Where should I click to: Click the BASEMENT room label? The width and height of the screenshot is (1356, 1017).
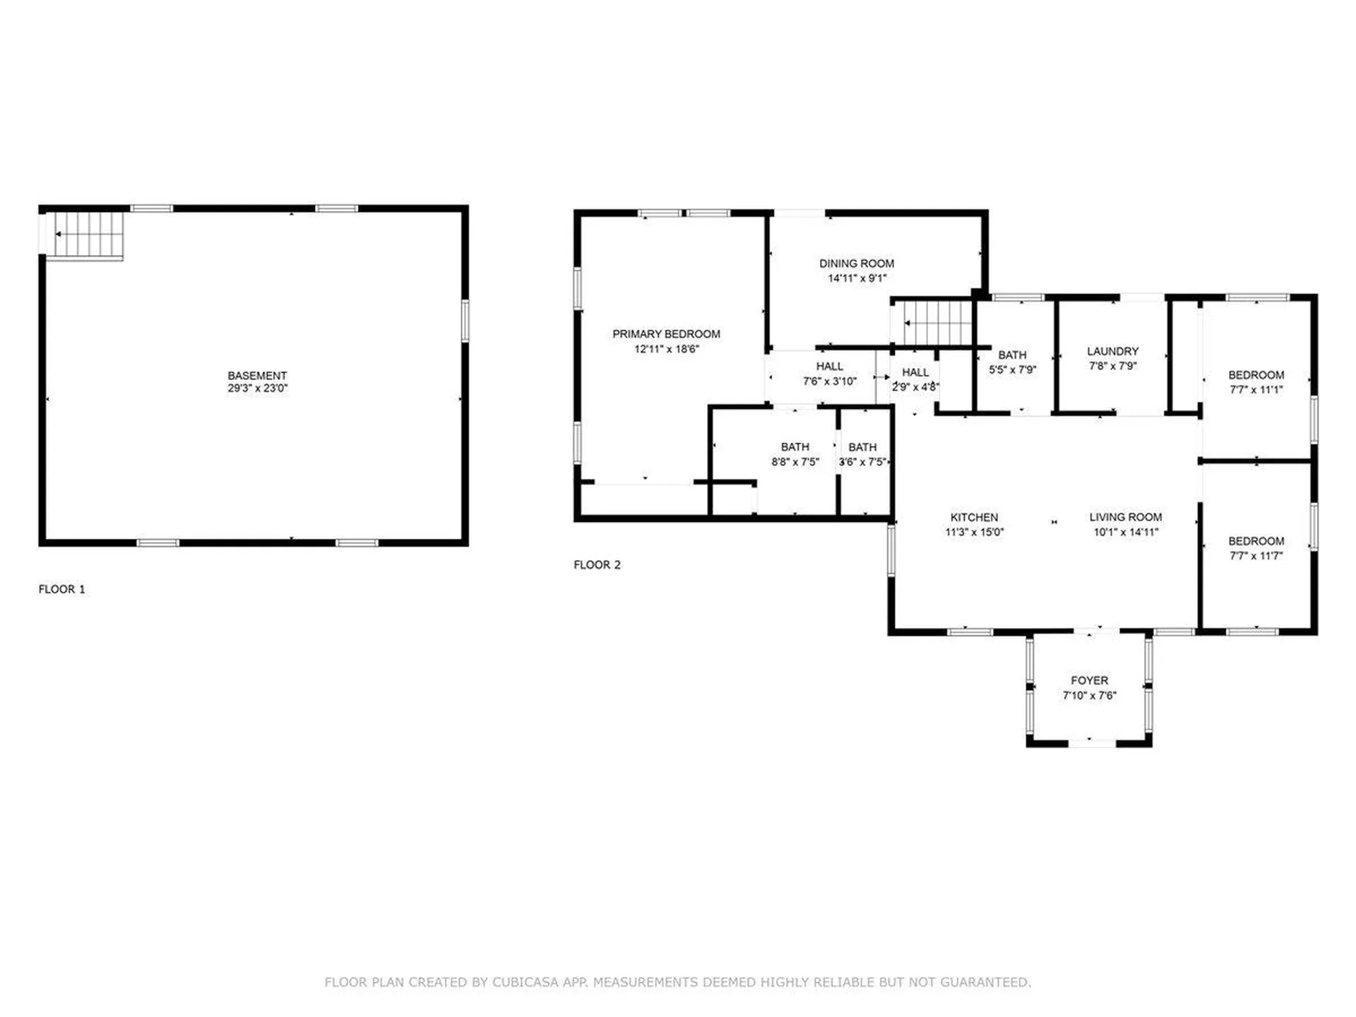pyautogui.click(x=257, y=376)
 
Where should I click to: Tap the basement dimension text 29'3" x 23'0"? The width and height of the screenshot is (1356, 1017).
pyautogui.click(x=257, y=388)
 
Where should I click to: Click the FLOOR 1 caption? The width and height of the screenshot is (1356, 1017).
pyautogui.click(x=61, y=589)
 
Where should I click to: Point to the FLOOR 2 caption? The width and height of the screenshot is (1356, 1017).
pyautogui.click(x=597, y=565)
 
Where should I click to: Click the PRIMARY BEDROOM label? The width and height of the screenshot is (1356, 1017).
pyautogui.click(x=666, y=334)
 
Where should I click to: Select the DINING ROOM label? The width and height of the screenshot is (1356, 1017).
pyautogui.click(x=856, y=263)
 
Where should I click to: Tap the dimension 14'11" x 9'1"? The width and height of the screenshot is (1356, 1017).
pyautogui.click(x=856, y=278)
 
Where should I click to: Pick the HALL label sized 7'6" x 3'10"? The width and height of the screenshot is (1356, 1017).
pyautogui.click(x=829, y=367)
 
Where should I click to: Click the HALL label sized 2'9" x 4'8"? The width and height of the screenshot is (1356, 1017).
pyautogui.click(x=915, y=372)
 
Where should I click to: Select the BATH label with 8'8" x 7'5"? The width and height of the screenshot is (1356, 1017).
pyautogui.click(x=795, y=447)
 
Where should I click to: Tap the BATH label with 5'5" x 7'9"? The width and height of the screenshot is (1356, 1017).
pyautogui.click(x=1011, y=355)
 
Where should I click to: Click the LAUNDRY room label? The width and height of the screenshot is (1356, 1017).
pyautogui.click(x=1112, y=351)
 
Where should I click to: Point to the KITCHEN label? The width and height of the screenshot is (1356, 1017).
pyautogui.click(x=974, y=518)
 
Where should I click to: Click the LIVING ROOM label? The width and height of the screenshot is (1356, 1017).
pyautogui.click(x=1125, y=518)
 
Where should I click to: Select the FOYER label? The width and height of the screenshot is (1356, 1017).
pyautogui.click(x=1089, y=681)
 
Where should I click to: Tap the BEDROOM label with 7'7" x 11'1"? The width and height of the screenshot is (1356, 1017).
pyautogui.click(x=1256, y=375)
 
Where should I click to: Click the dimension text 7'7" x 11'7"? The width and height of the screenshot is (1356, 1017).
pyautogui.click(x=1256, y=556)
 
